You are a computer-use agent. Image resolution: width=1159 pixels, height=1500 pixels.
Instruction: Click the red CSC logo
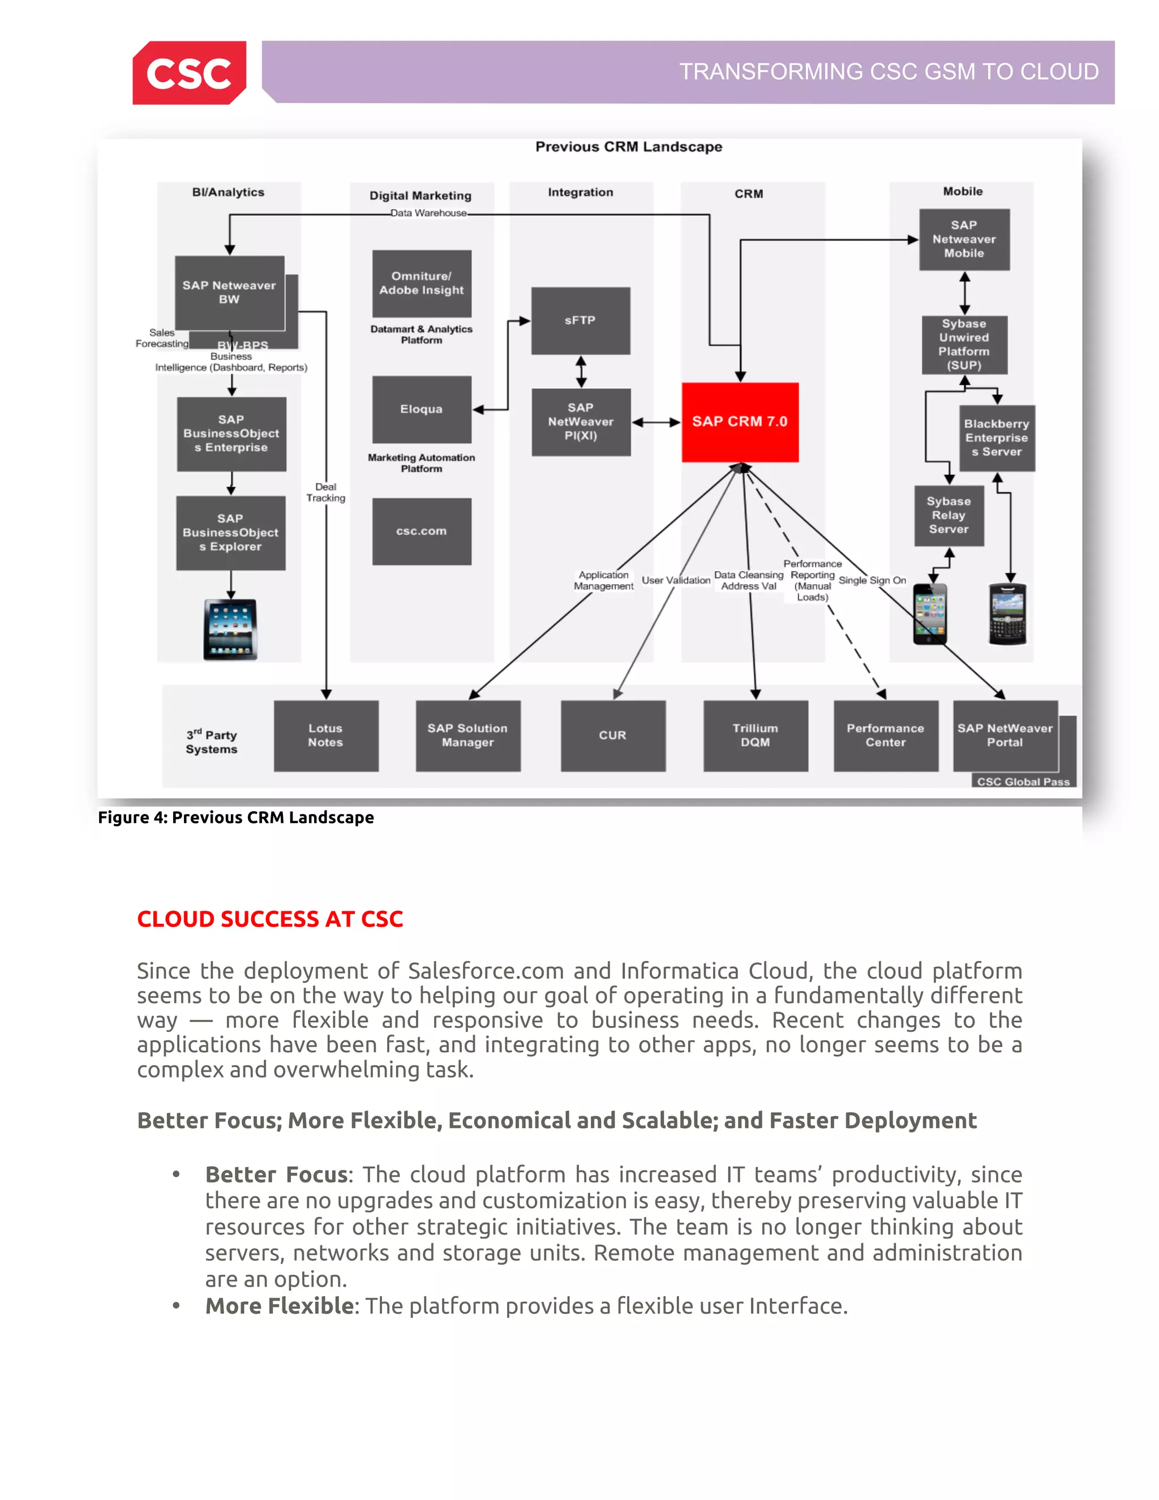[x=189, y=73]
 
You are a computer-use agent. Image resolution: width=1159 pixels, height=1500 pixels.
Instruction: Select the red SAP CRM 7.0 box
[x=740, y=422]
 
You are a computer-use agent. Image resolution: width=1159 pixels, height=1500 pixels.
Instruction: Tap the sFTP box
[x=580, y=321]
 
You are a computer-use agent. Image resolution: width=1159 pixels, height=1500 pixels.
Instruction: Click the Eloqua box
[x=422, y=409]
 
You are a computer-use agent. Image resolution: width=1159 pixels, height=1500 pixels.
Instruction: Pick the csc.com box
[x=422, y=531]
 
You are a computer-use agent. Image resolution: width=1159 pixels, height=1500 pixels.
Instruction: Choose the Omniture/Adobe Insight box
[x=422, y=283]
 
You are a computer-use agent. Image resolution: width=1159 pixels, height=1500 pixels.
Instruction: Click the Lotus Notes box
[x=325, y=736]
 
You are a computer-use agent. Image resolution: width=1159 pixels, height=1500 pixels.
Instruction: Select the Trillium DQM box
[x=756, y=736]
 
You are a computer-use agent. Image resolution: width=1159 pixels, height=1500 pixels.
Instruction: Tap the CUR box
[x=612, y=736]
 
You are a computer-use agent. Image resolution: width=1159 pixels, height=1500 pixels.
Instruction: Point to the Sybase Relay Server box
[x=949, y=516]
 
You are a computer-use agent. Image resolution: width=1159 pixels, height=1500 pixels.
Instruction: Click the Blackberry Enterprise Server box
[x=996, y=438]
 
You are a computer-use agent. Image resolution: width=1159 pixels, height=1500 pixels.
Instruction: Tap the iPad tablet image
[x=231, y=629]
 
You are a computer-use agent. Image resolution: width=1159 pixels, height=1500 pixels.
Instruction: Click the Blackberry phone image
[x=1007, y=614]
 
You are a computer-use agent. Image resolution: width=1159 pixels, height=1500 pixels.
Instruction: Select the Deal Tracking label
[x=325, y=492]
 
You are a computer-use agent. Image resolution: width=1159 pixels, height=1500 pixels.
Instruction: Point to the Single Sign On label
[x=872, y=580]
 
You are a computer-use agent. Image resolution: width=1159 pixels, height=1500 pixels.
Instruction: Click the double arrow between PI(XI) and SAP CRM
[x=656, y=422]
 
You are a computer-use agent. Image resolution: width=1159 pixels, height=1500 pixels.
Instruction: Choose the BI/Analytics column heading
[x=228, y=192]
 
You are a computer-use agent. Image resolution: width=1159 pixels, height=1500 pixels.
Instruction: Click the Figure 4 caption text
[x=235, y=817]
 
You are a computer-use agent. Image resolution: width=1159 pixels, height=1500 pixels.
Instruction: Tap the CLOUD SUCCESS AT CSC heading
[x=270, y=919]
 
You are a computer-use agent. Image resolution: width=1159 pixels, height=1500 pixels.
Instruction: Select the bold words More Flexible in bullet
[x=280, y=1306]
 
